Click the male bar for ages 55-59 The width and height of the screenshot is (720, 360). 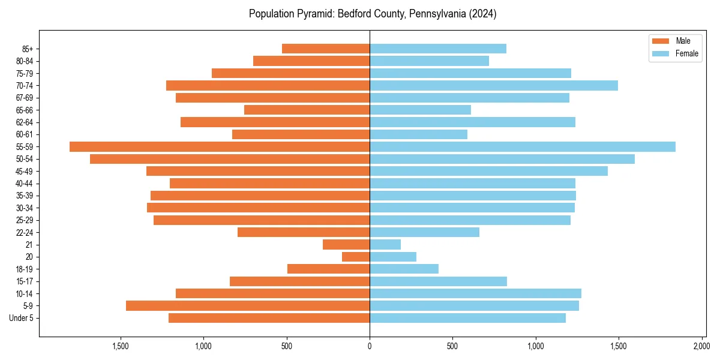(220, 146)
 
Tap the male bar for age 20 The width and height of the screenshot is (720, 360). (356, 257)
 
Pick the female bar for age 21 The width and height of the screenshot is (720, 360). (385, 244)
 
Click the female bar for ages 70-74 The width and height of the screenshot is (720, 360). (494, 85)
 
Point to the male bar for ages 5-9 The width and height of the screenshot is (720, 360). (248, 305)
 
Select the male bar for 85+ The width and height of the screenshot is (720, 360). (326, 49)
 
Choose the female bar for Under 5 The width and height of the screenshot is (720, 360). (467, 318)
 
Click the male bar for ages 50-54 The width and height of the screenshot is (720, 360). (230, 159)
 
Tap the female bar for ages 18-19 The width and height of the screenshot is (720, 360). (404, 269)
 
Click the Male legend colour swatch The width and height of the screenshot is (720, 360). (660, 41)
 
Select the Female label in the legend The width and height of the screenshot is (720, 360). (687, 53)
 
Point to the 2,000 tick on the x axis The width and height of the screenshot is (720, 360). (701, 346)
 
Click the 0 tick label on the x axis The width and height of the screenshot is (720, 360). (370, 346)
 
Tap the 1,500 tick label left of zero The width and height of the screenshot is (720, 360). (121, 346)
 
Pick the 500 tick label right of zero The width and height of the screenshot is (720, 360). (452, 346)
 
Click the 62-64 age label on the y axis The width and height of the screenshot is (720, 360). (25, 122)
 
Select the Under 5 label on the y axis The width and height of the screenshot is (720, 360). (22, 318)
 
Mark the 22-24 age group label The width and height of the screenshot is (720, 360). (25, 232)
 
